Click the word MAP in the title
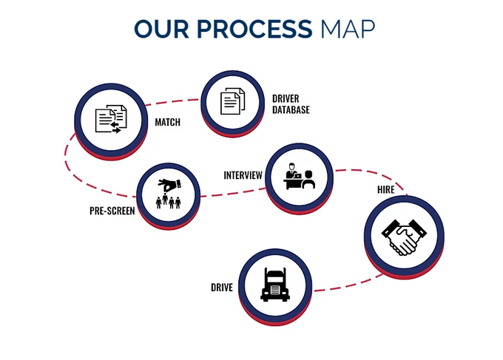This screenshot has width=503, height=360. pos(348,29)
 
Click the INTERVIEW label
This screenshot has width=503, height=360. pos(243,175)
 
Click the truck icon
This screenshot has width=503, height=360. pos(275,285)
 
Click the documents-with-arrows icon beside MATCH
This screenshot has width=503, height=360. pos(111,119)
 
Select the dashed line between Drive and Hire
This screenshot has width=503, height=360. pos(348,285)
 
